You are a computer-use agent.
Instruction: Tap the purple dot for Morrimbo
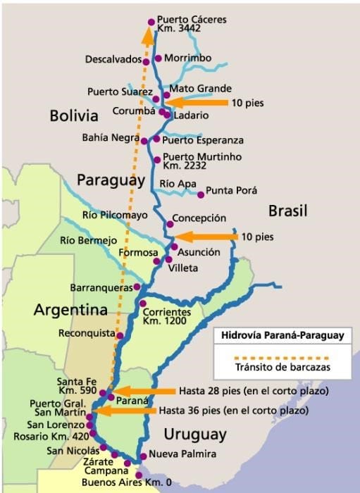(159, 58)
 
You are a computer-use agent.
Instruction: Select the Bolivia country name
(74, 116)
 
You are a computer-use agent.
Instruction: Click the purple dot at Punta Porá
(201, 194)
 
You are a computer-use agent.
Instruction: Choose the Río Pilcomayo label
(115, 215)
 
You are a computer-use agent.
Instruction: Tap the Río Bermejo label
(88, 240)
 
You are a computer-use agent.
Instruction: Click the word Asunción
(199, 251)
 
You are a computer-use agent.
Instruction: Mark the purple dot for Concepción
(170, 224)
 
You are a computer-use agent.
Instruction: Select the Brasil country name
(289, 210)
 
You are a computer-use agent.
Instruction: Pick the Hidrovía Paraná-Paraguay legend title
(282, 335)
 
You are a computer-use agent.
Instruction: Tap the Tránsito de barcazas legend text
(282, 367)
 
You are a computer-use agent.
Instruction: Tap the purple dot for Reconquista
(120, 335)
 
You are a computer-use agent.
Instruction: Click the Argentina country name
(70, 310)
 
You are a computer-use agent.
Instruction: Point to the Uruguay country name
(194, 433)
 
